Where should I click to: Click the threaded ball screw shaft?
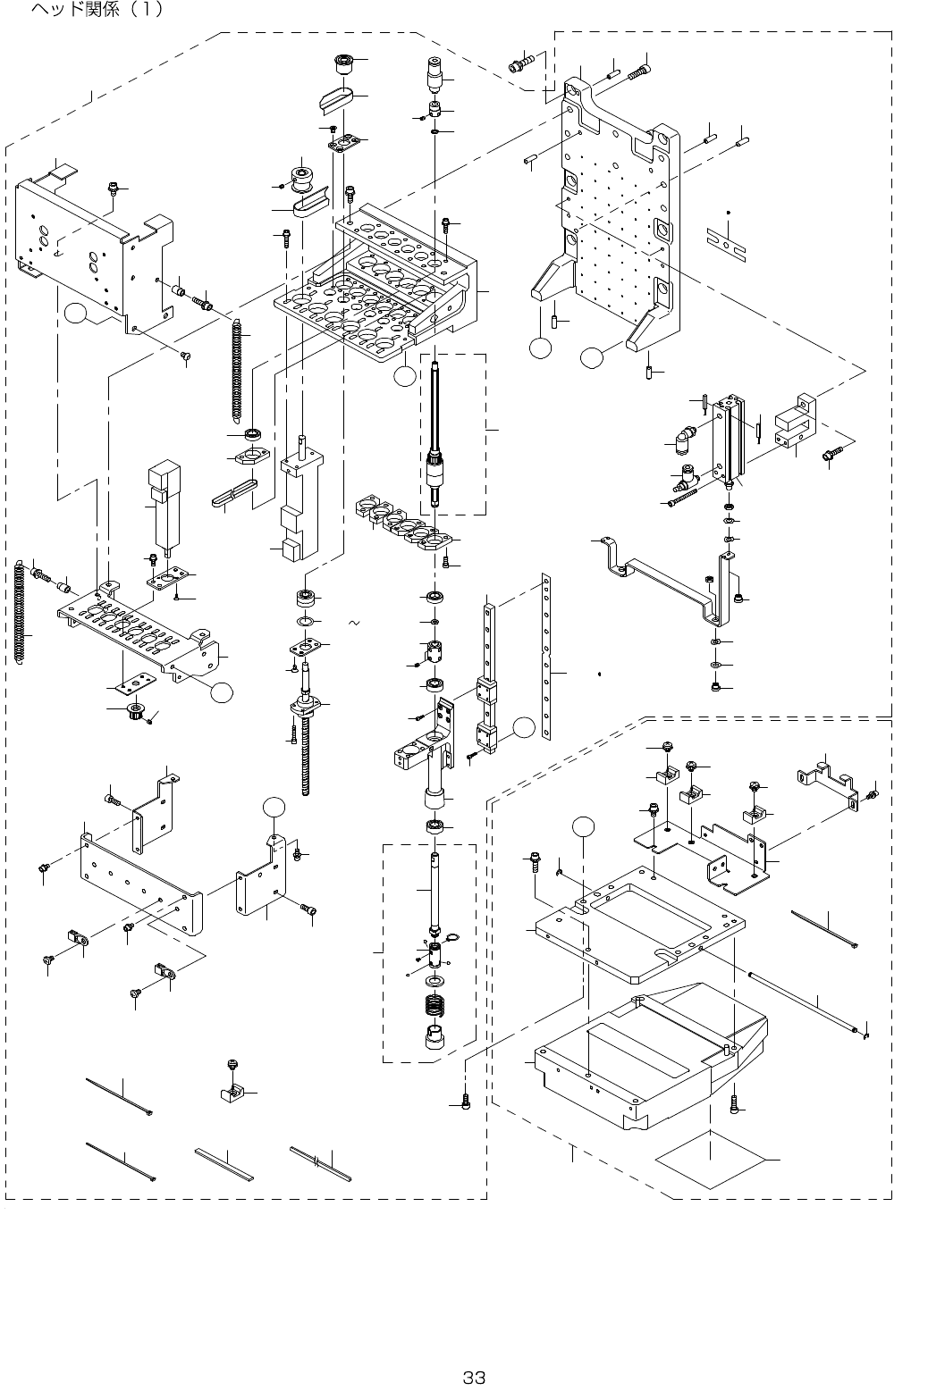(x=308, y=750)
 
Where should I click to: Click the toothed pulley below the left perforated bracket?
(x=137, y=712)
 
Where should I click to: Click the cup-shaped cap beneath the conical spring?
(x=437, y=1040)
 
